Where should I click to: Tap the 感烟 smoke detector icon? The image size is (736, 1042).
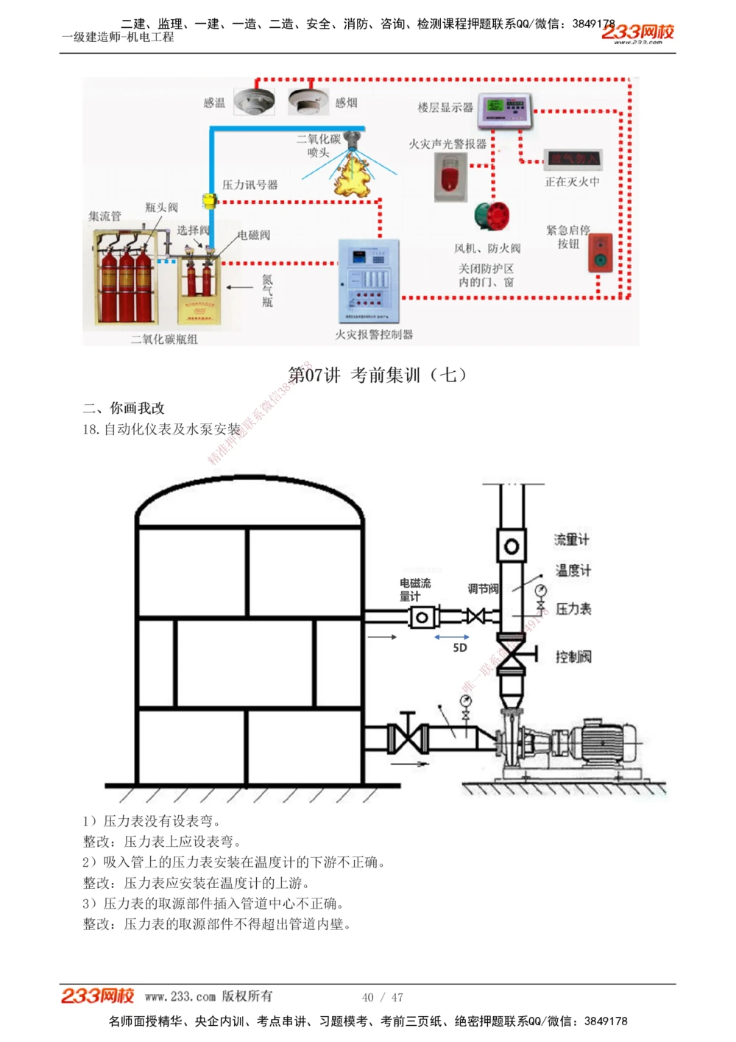(x=308, y=101)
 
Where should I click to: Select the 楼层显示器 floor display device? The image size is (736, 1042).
(x=505, y=110)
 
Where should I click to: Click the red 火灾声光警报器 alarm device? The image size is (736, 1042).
(x=450, y=177)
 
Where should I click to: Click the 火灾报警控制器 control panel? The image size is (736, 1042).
(x=369, y=281)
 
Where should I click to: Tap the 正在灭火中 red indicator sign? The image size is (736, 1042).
(x=573, y=158)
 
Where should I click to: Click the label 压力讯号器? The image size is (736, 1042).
(x=250, y=185)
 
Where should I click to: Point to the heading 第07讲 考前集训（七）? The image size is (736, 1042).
(x=378, y=375)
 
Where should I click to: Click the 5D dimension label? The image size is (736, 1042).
(x=460, y=648)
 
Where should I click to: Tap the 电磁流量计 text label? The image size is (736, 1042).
(x=415, y=589)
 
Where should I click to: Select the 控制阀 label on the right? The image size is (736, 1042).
(x=573, y=657)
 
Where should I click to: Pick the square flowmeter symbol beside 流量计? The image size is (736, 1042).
(x=511, y=546)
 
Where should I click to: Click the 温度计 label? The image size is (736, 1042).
(x=573, y=570)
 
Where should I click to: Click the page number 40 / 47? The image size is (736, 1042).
(x=383, y=997)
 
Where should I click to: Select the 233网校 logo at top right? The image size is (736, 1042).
(x=637, y=32)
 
